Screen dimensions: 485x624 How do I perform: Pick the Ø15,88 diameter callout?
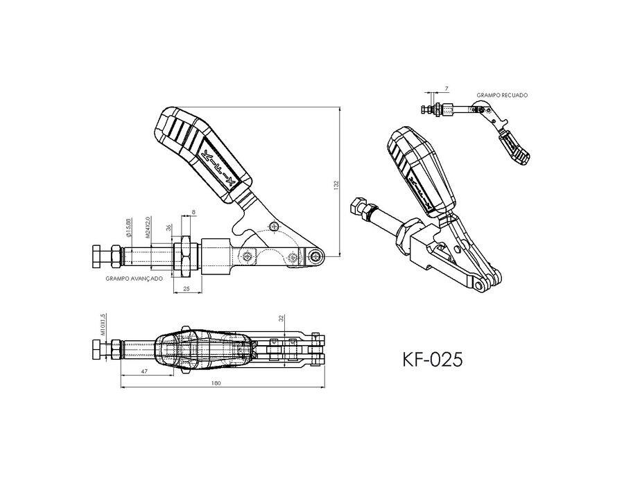point(129,229)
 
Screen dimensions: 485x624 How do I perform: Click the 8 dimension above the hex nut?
point(193,213)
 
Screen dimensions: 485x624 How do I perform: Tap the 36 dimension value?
point(168,227)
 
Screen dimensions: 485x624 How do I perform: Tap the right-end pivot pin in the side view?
point(316,257)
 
